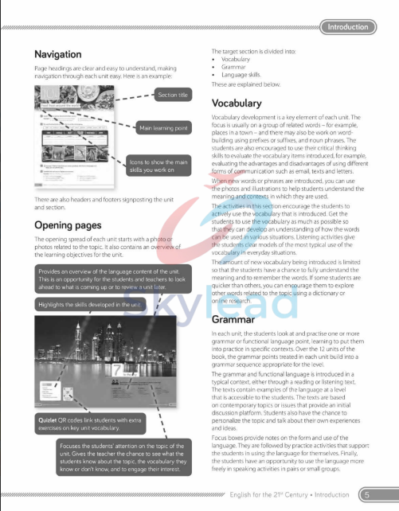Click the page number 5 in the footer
(x=367, y=494)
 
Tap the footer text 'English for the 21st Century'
(x=271, y=494)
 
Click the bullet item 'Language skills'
(x=242, y=74)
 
